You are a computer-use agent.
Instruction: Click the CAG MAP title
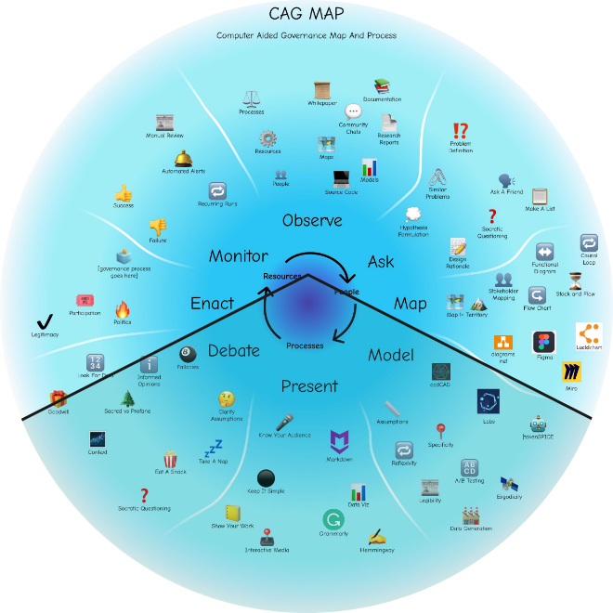[x=306, y=14]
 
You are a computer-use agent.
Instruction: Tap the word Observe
[x=312, y=221]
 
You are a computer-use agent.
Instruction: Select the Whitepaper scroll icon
[x=322, y=90]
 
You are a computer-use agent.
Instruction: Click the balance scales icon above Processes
[x=251, y=98]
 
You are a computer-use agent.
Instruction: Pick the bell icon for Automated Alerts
[x=183, y=158]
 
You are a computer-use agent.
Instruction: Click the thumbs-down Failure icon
[x=157, y=226]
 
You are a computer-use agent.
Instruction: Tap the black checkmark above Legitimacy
[x=44, y=321]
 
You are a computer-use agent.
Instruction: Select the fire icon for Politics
[x=123, y=309]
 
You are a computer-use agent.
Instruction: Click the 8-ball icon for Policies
[x=188, y=354]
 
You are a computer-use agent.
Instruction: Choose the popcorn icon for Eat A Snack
[x=171, y=459]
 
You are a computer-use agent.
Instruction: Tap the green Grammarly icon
[x=332, y=519]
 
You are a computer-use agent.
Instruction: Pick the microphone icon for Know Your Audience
[x=284, y=422]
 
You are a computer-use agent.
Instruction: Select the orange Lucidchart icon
[x=588, y=333]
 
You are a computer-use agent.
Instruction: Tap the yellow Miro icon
[x=570, y=372]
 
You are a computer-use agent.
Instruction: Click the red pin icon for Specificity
[x=441, y=430]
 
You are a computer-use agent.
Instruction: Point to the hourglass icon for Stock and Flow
[x=588, y=280]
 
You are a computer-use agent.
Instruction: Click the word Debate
[x=234, y=350]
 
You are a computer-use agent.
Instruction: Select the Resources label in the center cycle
[x=282, y=277]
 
